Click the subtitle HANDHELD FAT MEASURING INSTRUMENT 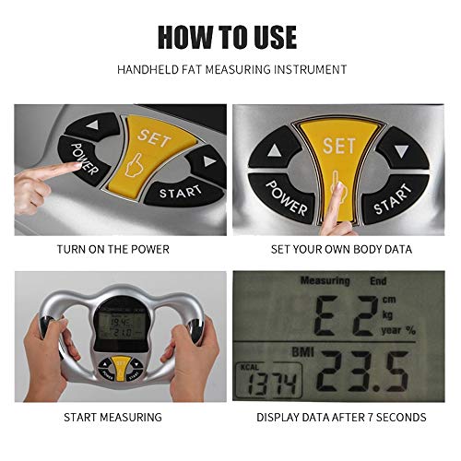click(x=230, y=69)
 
